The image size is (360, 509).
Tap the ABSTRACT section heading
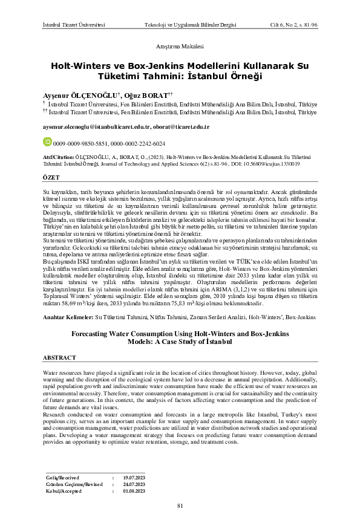(x=60, y=357)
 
